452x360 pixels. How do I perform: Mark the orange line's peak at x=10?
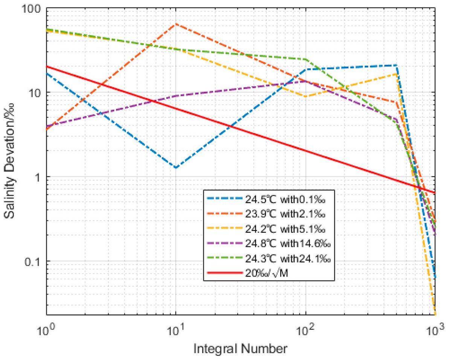176,24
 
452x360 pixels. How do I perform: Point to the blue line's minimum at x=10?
176,167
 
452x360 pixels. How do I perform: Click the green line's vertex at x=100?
305,59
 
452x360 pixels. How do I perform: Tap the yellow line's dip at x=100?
305,97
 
